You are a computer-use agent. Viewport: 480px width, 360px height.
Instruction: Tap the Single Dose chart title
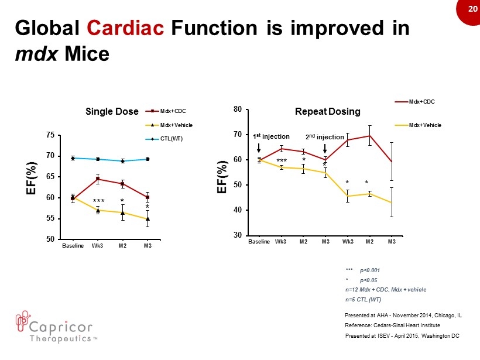112,111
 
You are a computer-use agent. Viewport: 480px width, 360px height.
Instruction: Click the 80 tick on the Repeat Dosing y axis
237,109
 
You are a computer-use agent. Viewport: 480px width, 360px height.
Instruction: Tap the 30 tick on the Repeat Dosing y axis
237,235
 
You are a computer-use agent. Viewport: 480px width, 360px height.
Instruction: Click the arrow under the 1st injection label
259,148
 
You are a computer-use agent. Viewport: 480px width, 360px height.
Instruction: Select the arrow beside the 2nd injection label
325,148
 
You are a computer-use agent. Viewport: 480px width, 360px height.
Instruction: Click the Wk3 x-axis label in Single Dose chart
98,246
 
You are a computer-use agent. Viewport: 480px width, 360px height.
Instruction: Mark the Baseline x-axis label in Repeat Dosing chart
259,242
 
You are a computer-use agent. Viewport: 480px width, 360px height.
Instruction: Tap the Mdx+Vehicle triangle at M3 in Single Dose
148,219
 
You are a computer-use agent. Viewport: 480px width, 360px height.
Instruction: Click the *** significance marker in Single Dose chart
98,202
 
